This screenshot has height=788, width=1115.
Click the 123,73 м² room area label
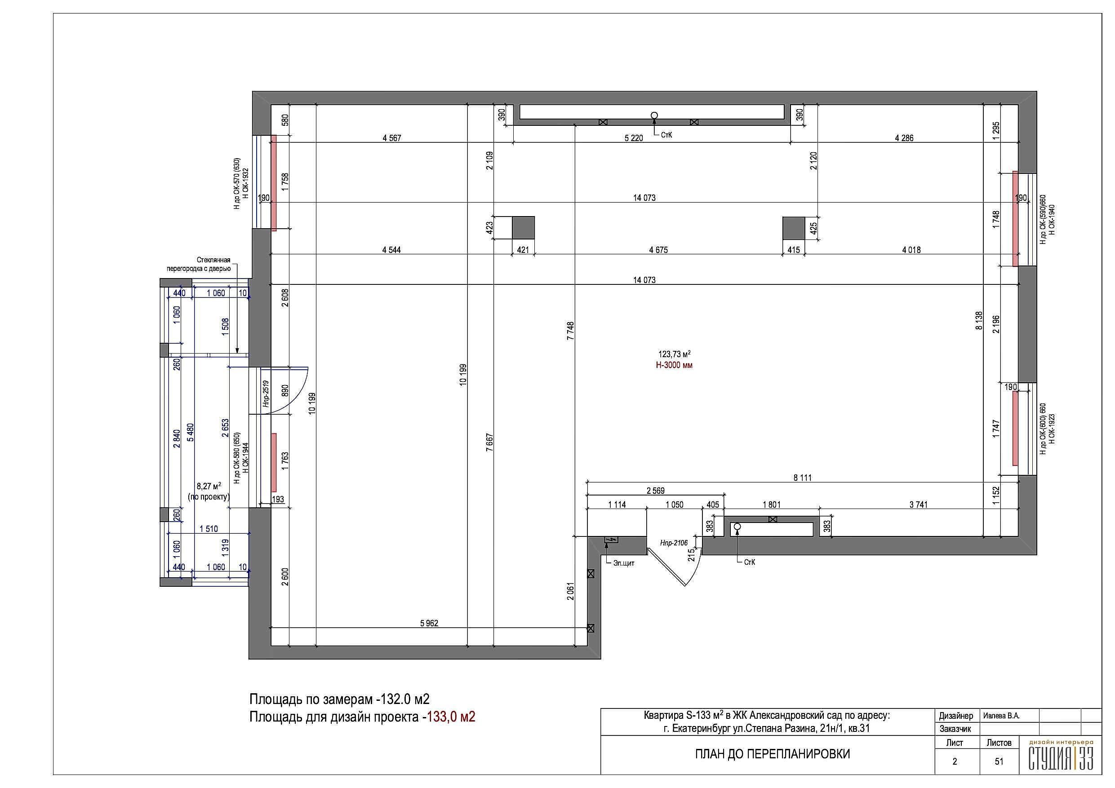click(x=674, y=354)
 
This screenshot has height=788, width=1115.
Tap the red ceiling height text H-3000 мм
click(x=674, y=365)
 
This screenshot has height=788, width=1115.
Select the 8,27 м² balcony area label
click(x=209, y=486)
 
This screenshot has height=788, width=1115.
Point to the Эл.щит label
click(x=623, y=563)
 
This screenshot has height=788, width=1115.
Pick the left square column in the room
click(x=524, y=228)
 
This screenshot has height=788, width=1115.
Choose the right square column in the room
click(x=794, y=228)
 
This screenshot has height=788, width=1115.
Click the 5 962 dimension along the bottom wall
click(x=429, y=623)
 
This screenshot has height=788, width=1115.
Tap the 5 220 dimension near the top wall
click(x=633, y=138)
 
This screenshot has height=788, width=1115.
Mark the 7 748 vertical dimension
click(x=571, y=331)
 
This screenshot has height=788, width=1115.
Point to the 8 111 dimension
click(x=802, y=478)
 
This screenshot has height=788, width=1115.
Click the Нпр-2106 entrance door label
click(x=674, y=543)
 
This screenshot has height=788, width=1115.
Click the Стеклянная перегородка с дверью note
click(x=199, y=264)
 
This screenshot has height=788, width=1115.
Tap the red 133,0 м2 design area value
click(x=451, y=717)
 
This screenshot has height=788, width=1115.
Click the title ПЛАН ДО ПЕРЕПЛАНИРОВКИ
click(x=773, y=754)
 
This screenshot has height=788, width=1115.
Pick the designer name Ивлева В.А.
click(x=1001, y=716)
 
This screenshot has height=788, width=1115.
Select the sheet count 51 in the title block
click(x=999, y=761)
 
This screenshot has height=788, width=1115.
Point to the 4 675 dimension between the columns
click(x=658, y=250)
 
